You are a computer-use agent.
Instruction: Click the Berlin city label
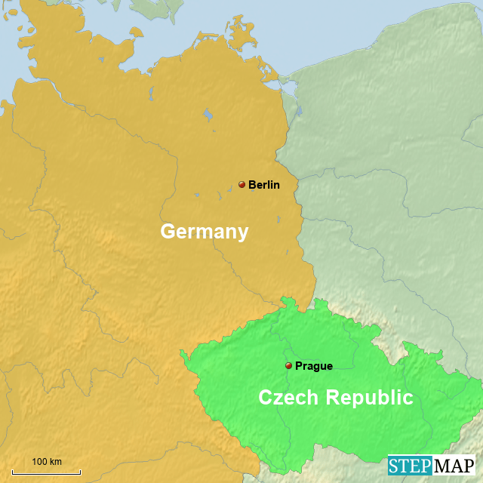click(x=264, y=185)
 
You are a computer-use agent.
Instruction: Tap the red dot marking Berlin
click(x=241, y=184)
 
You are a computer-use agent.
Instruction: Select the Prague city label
click(x=313, y=366)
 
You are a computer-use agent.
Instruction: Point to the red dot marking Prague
click(x=288, y=365)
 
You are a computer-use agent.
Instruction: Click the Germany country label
click(x=204, y=232)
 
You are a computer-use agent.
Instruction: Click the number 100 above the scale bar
click(x=39, y=461)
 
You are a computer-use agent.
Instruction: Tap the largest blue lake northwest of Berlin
click(x=207, y=116)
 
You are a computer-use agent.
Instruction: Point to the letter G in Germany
click(x=168, y=232)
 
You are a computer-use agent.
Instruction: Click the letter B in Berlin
click(x=252, y=185)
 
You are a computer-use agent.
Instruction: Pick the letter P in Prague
click(x=299, y=366)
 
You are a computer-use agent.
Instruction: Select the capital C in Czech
click(x=266, y=398)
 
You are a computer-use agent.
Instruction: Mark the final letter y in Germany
click(x=242, y=234)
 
